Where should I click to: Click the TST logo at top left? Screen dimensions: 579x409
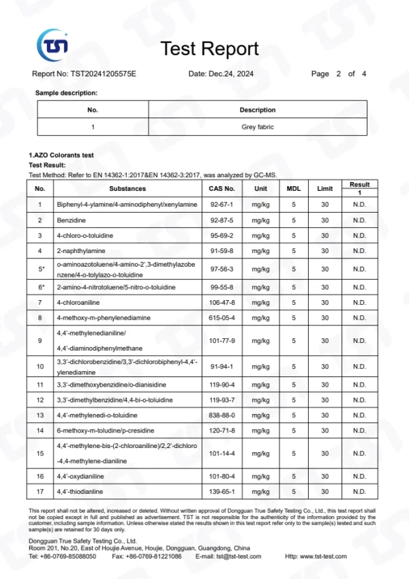pyautogui.click(x=52, y=46)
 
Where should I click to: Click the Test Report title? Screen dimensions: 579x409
pyautogui.click(x=209, y=48)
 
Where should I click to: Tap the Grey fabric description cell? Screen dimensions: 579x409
pyautogui.click(x=258, y=127)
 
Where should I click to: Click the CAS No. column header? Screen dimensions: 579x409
pyautogui.click(x=222, y=188)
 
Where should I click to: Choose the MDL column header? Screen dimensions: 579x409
pyautogui.click(x=294, y=188)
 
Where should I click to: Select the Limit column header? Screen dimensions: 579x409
pyautogui.click(x=325, y=188)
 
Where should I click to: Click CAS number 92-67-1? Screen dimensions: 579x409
pyautogui.click(x=222, y=204)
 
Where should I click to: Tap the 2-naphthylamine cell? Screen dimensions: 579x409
pyautogui.click(x=80, y=251)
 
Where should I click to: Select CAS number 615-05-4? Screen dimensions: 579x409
pyautogui.click(x=222, y=318)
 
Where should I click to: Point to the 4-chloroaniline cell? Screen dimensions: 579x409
pyautogui.click(x=78, y=302)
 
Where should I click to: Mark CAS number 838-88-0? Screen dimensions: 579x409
pyautogui.click(x=222, y=415)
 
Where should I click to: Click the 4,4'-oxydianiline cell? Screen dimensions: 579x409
pyautogui.click(x=79, y=476)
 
